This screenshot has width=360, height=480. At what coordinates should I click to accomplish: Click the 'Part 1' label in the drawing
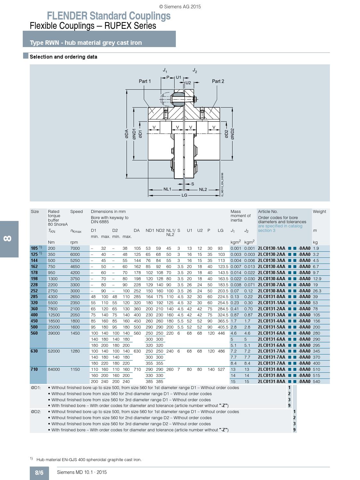click(145, 81)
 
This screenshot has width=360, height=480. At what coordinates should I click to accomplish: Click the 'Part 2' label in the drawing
click(218, 81)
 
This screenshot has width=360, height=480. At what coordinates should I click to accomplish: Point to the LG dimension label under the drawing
click(184, 195)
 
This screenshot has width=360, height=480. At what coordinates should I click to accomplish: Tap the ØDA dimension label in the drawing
click(127, 134)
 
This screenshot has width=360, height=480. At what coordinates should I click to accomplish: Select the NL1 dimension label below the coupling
click(167, 189)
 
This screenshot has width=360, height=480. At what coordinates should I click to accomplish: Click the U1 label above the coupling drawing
click(178, 77)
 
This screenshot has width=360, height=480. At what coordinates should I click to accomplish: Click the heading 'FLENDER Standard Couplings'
click(109, 16)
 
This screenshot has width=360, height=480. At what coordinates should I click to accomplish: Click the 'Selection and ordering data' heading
click(63, 57)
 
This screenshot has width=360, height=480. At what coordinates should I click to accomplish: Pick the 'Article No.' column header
click(268, 211)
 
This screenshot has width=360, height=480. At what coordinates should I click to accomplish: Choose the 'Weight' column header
click(319, 211)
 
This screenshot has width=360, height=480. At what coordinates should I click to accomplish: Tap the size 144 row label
click(34, 260)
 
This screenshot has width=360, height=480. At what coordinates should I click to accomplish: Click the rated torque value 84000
click(54, 369)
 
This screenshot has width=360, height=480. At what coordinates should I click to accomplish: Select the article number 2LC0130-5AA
click(272, 273)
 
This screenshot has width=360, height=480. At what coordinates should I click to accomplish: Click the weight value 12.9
click(317, 279)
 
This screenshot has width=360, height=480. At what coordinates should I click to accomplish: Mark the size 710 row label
click(34, 369)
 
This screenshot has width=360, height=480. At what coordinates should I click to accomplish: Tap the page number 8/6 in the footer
click(39, 473)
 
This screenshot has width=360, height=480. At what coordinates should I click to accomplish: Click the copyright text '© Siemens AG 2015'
click(180, 6)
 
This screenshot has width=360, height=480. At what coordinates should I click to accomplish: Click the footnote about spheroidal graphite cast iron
click(89, 460)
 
